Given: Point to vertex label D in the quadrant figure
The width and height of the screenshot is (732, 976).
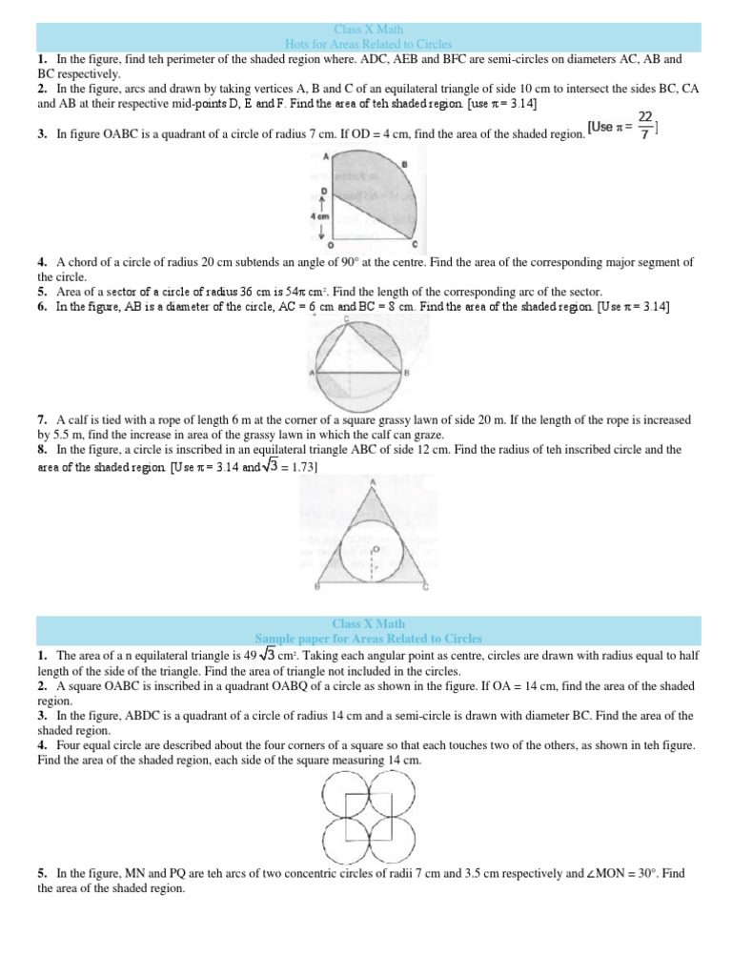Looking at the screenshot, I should [323, 192].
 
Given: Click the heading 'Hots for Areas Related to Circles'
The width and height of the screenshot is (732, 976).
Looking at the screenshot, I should [368, 44].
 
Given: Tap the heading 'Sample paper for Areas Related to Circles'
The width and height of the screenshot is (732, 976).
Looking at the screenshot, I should [368, 638].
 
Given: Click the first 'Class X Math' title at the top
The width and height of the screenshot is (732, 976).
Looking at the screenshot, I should [368, 30].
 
